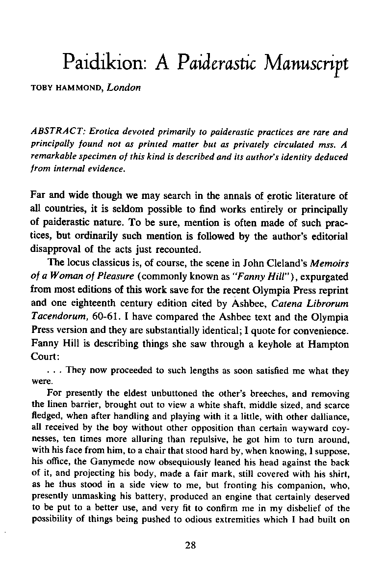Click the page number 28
point(193,544)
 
